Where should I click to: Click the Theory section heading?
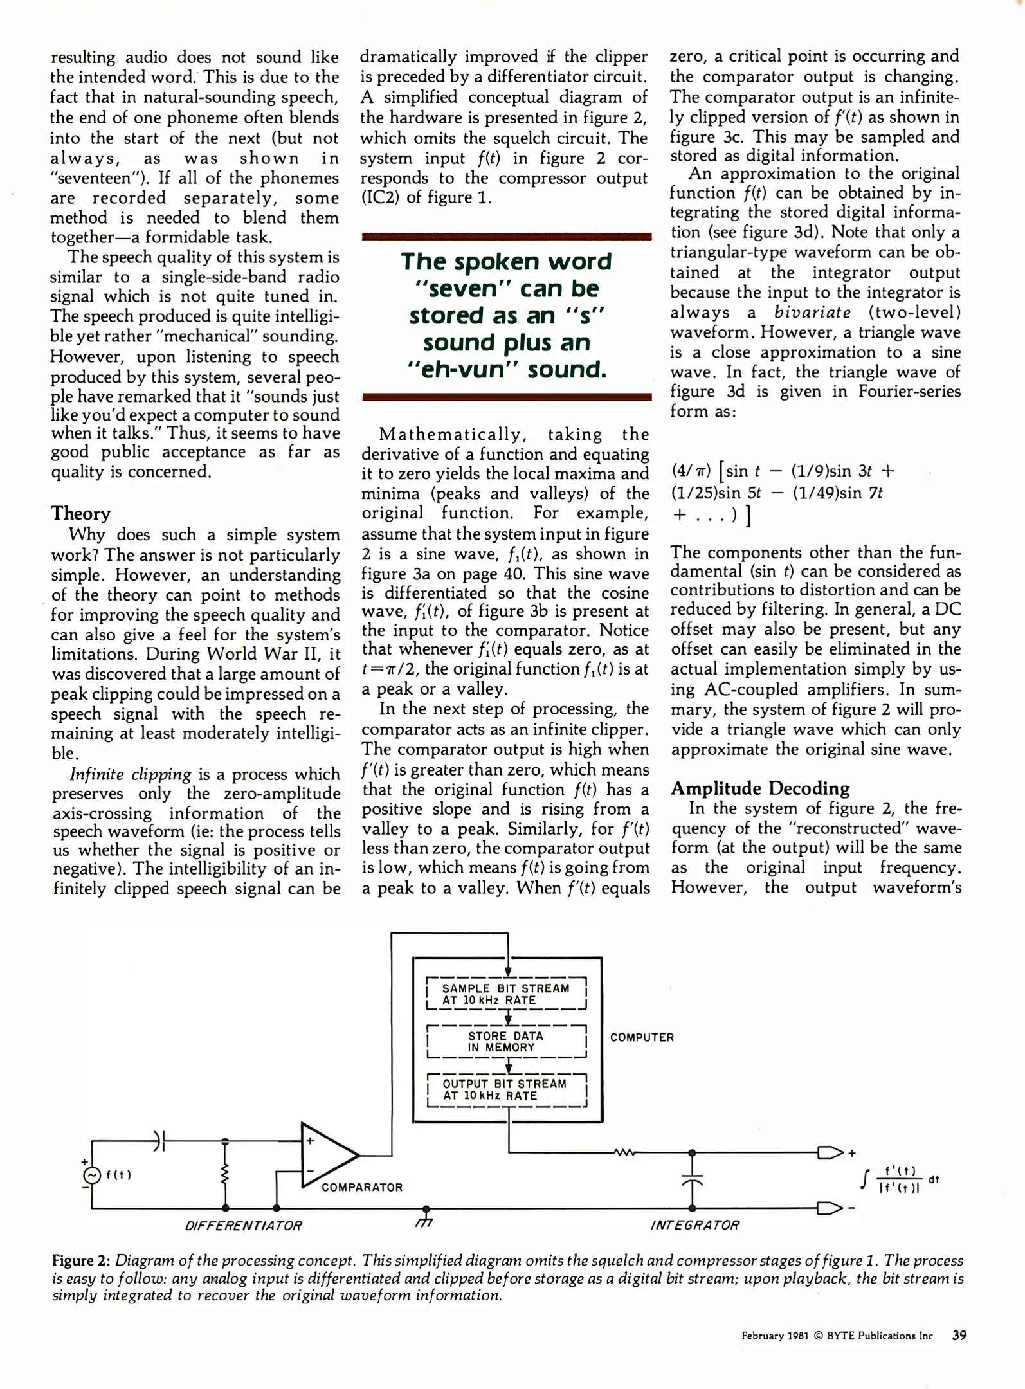[x=81, y=513]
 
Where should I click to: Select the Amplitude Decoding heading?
[x=760, y=788]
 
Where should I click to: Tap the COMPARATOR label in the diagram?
[x=362, y=1187]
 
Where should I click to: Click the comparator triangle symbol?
[x=327, y=1155]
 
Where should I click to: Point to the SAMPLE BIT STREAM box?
[x=507, y=994]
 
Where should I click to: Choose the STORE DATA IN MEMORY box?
[x=507, y=1041]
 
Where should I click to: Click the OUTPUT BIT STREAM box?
[x=507, y=1089]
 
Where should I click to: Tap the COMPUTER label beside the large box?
[x=642, y=1037]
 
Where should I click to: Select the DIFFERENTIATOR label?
[x=243, y=1226]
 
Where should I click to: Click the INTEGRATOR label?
[x=695, y=1225]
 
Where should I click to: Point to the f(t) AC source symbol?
[x=92, y=1175]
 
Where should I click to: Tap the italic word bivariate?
[x=812, y=313]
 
